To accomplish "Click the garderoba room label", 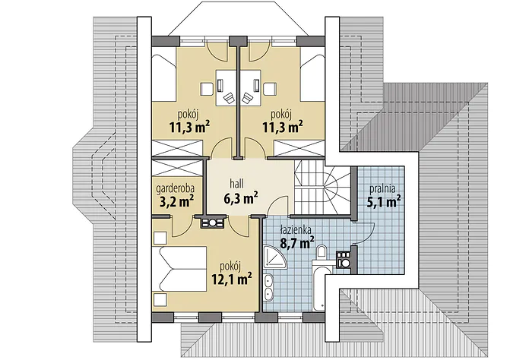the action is (x=176, y=188).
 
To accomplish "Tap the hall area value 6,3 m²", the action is (x=241, y=198).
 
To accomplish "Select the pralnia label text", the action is (x=382, y=189).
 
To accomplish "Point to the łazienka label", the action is (x=296, y=230).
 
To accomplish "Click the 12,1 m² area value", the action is (x=232, y=279).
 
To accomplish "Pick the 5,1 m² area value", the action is (x=384, y=202).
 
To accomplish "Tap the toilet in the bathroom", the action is (x=322, y=252).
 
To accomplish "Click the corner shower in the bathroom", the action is (x=275, y=257).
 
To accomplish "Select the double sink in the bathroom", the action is (x=268, y=287).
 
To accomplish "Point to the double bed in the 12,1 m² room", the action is (x=179, y=269).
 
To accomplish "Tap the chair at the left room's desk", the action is (x=229, y=97).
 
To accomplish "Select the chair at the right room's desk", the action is (x=248, y=97).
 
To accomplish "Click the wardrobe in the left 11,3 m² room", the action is (x=178, y=149).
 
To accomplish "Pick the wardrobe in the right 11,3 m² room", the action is (x=299, y=149).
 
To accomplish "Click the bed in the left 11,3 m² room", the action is (x=164, y=78).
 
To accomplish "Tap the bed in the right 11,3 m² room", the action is (x=313, y=78).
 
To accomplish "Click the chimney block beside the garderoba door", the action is (x=212, y=223).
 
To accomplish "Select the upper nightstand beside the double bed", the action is (x=160, y=238).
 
